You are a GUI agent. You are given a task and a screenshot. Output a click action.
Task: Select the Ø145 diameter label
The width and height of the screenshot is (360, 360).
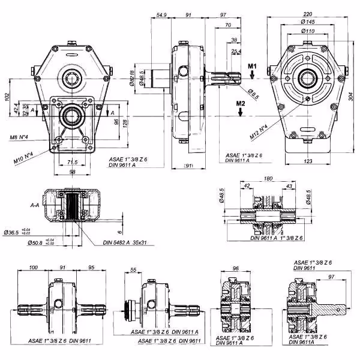(x=308, y=22)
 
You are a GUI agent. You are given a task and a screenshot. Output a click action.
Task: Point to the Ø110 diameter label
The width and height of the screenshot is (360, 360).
(x=308, y=31)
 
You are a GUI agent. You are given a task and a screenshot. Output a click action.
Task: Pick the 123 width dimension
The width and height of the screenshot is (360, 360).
(x=307, y=161)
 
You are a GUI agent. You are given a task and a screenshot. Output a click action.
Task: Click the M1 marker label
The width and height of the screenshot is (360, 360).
(x=253, y=65)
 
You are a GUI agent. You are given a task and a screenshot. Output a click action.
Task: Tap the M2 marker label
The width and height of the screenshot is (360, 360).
(x=241, y=104)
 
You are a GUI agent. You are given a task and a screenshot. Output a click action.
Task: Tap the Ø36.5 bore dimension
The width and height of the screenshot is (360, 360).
(x=12, y=232)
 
